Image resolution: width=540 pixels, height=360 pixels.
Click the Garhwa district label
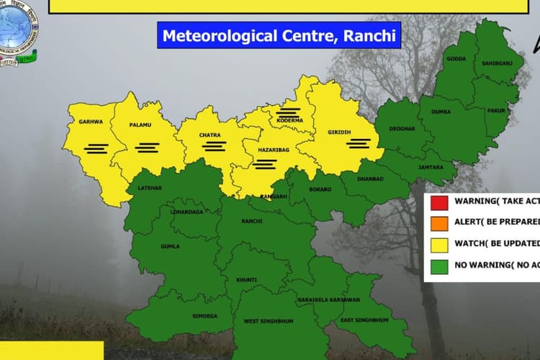pyautogui.click(x=91, y=122)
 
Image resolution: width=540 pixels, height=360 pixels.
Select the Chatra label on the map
pyautogui.click(x=210, y=135)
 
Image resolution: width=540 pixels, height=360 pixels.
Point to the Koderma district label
pyautogui.click(x=289, y=120)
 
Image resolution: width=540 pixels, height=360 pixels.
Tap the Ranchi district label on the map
pyautogui.click(x=252, y=221)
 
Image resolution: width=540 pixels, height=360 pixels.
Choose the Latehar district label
pyautogui.click(x=140, y=189)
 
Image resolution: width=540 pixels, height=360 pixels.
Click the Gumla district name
pyautogui.click(x=171, y=246)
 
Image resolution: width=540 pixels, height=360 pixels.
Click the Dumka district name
pyautogui.click(x=441, y=112)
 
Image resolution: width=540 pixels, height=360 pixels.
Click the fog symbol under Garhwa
pyautogui.click(x=96, y=148)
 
